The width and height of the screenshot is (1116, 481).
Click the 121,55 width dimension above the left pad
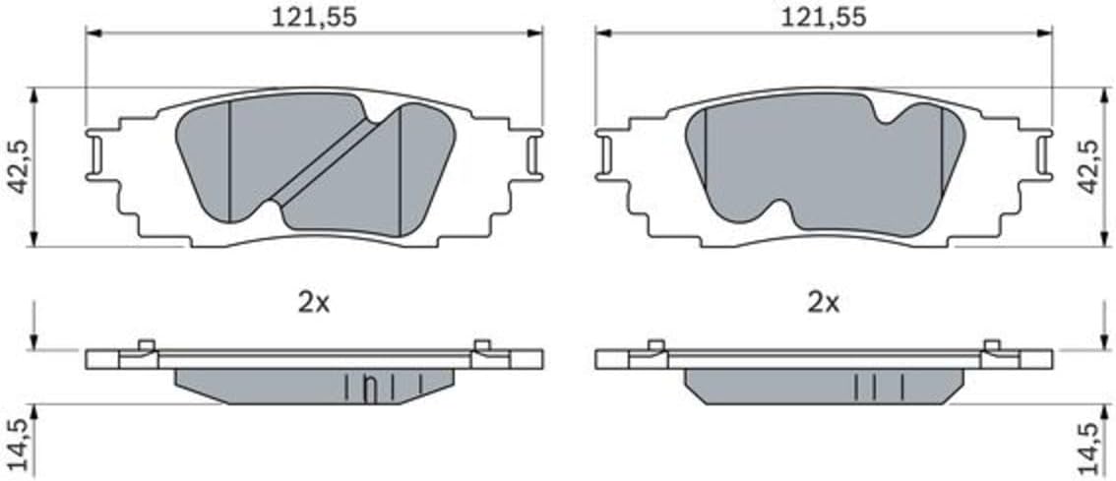click(x=314, y=17)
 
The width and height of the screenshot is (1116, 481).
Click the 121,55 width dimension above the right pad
click(x=824, y=17)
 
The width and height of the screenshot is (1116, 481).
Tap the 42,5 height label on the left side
click(x=19, y=167)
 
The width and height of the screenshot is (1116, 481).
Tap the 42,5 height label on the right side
click(x=1089, y=167)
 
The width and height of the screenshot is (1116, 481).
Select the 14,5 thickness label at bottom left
click(x=19, y=444)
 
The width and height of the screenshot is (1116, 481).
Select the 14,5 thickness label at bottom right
click(x=1089, y=444)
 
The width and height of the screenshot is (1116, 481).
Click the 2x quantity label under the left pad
click(x=314, y=304)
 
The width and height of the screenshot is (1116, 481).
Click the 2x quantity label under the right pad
click(x=824, y=304)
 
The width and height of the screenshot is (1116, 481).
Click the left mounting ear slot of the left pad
click(x=96, y=154)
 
